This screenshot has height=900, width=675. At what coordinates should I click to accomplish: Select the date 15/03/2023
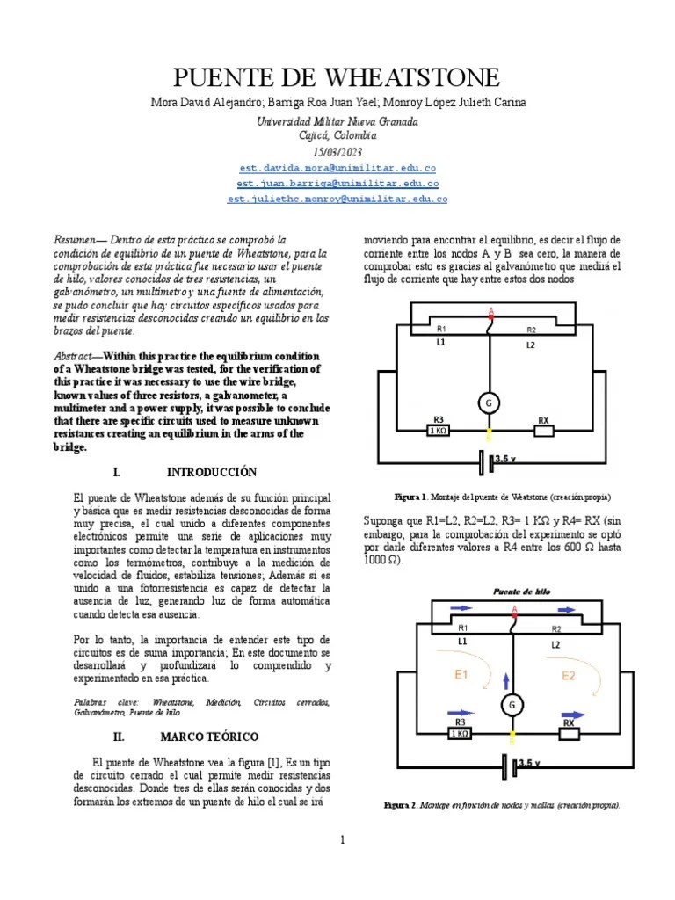pyautogui.click(x=337, y=152)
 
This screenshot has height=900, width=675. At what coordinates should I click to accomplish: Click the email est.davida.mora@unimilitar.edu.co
pyautogui.click(x=337, y=168)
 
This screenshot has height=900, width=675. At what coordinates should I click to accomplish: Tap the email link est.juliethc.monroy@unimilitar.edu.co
pyautogui.click(x=337, y=200)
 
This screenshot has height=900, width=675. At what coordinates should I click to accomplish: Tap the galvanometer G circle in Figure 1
pyautogui.click(x=488, y=403)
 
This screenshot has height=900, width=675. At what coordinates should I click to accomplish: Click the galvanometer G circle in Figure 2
pyautogui.click(x=512, y=704)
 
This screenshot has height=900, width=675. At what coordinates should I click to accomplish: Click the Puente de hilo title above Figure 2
pyautogui.click(x=522, y=592)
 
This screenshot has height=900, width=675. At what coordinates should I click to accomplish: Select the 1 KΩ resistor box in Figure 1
pyautogui.click(x=436, y=431)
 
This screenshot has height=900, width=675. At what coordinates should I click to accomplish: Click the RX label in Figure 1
pyautogui.click(x=544, y=420)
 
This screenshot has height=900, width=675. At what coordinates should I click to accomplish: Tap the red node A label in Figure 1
pyautogui.click(x=490, y=310)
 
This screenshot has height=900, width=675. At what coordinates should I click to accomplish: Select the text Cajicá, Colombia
pyautogui.click(x=337, y=136)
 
